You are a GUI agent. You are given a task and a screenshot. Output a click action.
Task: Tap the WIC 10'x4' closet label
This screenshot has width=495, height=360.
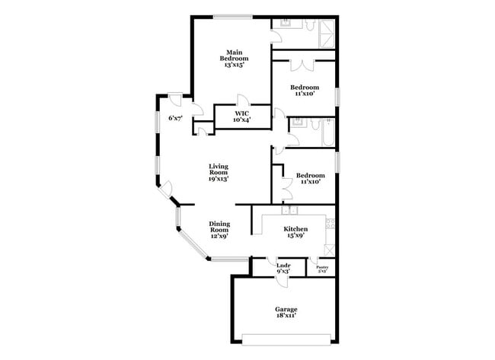(x=242, y=116)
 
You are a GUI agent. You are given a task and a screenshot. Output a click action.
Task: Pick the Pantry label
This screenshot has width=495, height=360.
(x=322, y=268)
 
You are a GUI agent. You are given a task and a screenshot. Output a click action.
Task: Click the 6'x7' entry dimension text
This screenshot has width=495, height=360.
(x=175, y=118)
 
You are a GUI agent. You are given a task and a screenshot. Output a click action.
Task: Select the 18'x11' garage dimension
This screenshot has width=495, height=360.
(x=286, y=318)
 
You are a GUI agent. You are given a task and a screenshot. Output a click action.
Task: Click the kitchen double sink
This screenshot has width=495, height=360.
(x=289, y=210)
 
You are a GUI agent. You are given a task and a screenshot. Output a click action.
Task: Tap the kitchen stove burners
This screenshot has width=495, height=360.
(x=331, y=222)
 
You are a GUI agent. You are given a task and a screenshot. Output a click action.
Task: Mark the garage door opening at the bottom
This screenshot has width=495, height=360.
(x=286, y=337)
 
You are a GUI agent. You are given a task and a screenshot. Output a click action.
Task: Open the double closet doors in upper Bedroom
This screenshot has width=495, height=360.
(x=302, y=64)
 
